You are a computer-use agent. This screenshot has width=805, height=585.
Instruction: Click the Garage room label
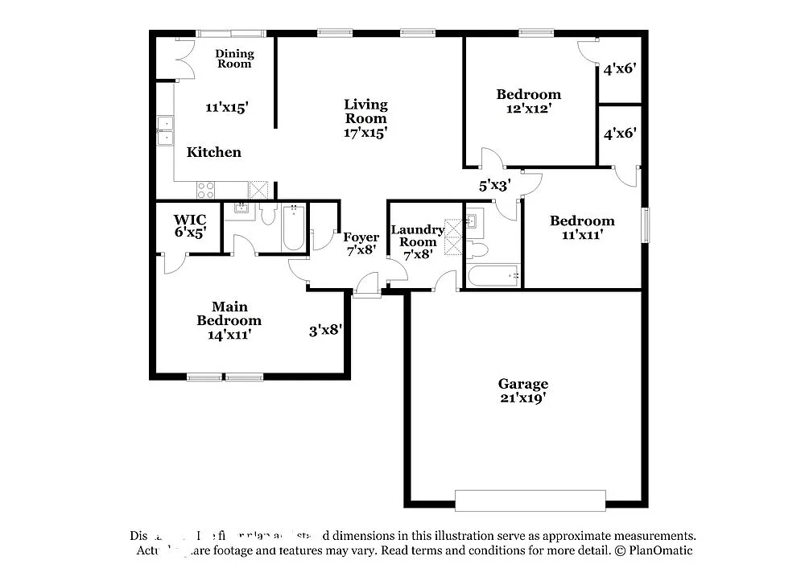click(x=522, y=384)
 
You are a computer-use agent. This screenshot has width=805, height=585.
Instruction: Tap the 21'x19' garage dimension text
click(x=522, y=398)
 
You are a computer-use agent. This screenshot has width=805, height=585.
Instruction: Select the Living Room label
click(x=365, y=110)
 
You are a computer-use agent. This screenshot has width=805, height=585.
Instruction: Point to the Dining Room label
click(x=234, y=59)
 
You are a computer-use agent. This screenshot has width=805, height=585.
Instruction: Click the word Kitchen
click(x=214, y=152)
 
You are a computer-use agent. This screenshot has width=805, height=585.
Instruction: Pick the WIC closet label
click(x=190, y=220)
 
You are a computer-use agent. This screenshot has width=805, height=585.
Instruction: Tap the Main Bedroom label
click(x=229, y=313)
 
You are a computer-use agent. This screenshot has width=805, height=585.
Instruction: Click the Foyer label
click(x=361, y=237)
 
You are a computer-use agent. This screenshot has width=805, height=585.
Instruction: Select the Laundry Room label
click(x=418, y=236)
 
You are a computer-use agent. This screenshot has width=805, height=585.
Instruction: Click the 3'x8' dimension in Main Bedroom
click(x=326, y=329)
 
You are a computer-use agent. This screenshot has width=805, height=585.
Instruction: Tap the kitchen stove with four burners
click(x=206, y=190)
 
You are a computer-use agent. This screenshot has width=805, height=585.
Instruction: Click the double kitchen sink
click(x=165, y=130)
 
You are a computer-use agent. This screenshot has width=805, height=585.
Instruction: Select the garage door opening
click(x=530, y=501)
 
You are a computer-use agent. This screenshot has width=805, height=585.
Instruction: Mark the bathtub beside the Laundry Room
click(x=493, y=276)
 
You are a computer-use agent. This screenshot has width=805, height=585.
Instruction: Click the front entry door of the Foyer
click(x=366, y=286)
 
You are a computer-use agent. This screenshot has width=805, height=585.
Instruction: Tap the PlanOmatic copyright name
click(x=660, y=550)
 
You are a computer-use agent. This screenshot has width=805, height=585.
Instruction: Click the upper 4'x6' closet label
click(x=620, y=69)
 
